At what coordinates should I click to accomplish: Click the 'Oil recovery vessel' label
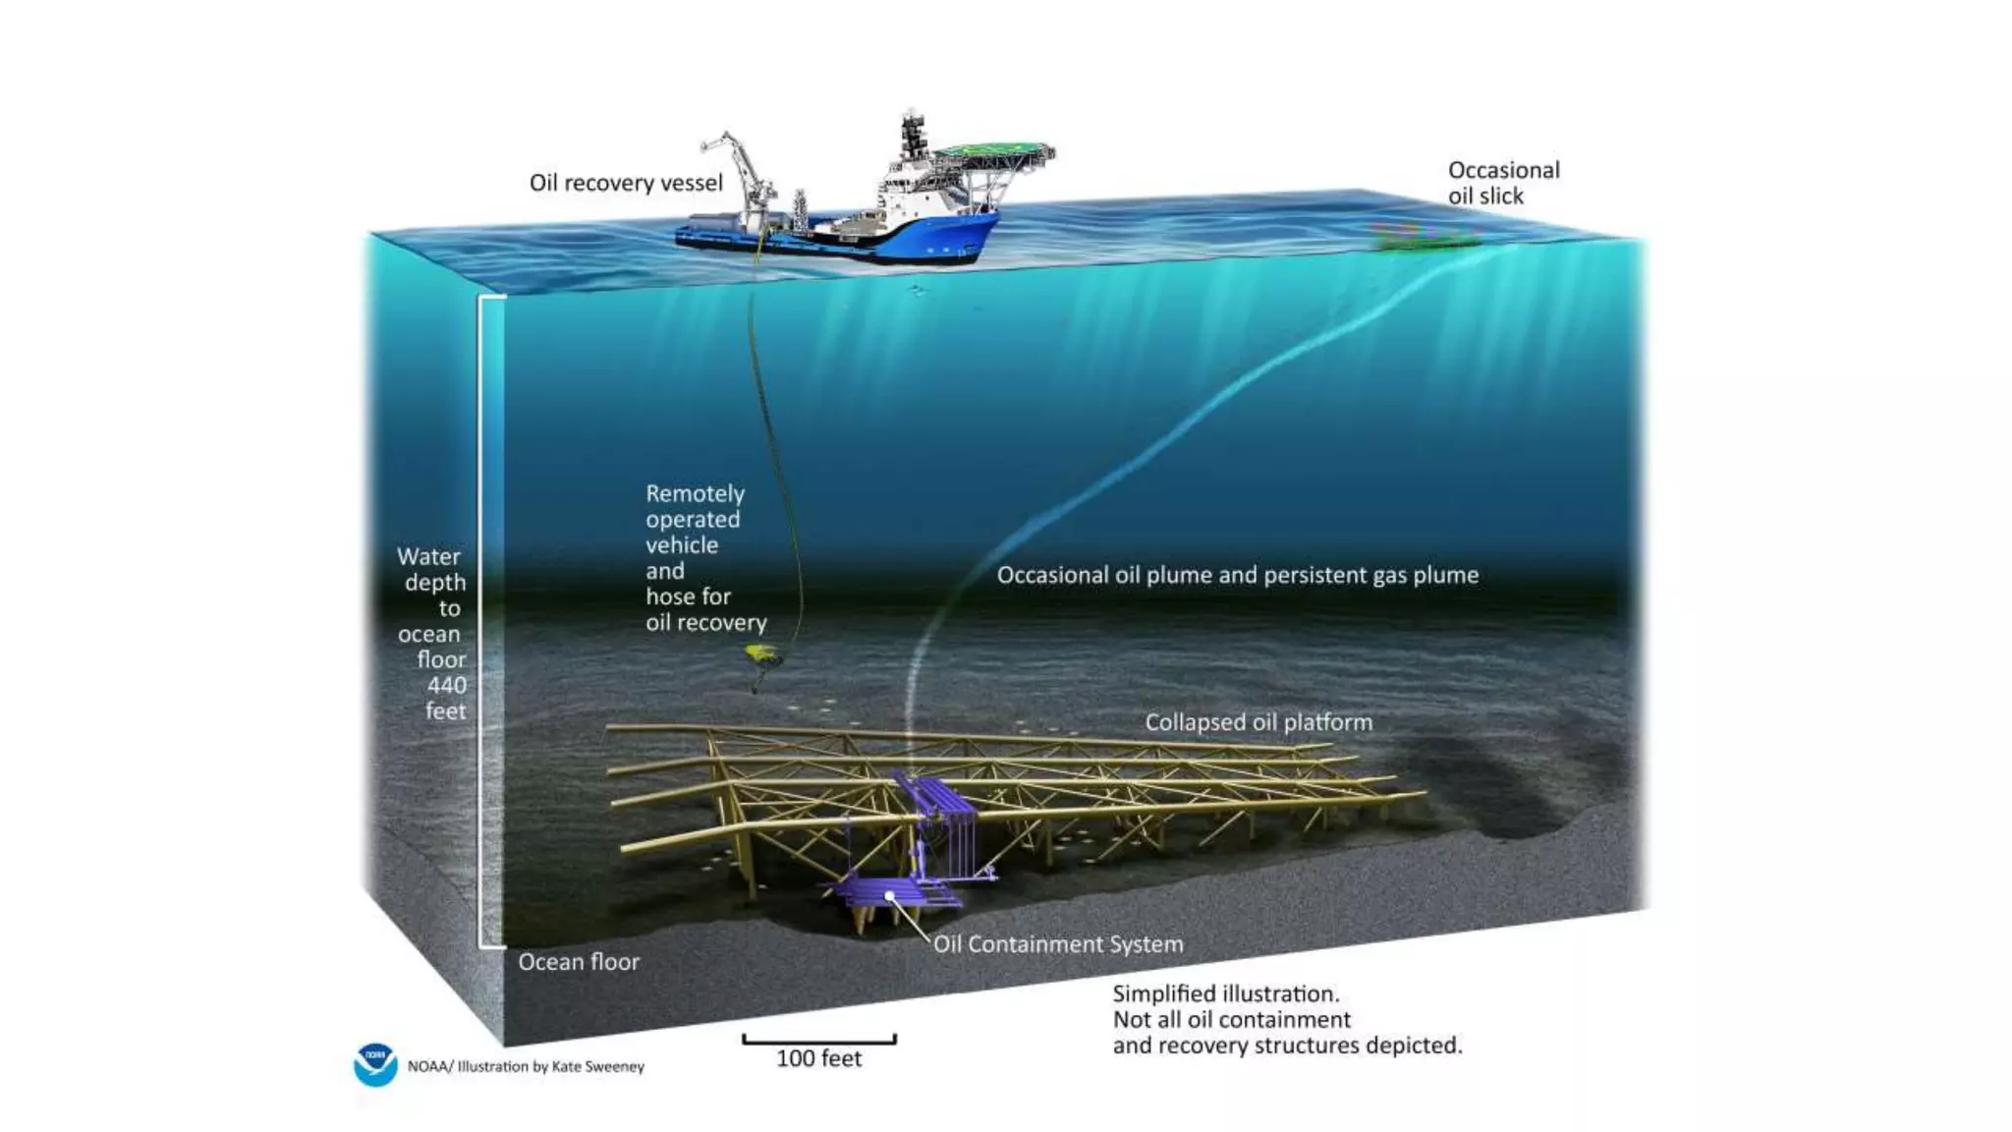tap(626, 183)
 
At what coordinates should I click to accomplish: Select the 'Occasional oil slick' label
tap(1503, 183)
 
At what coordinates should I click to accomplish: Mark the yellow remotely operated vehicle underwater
tap(760, 653)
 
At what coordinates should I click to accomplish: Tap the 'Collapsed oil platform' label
tap(1258, 722)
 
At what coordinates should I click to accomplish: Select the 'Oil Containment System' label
tap(1058, 944)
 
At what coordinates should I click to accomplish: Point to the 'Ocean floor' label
tap(579, 962)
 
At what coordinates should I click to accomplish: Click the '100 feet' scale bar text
tap(818, 1058)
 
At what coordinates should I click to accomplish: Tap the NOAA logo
tap(375, 1064)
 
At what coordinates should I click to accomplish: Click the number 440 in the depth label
tap(446, 685)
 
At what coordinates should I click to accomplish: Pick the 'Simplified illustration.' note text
tap(1226, 994)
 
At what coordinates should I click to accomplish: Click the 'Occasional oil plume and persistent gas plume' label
tap(1237, 575)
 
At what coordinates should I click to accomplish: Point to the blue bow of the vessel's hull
tap(968, 236)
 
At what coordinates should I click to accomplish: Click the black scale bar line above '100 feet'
tap(818, 1040)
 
